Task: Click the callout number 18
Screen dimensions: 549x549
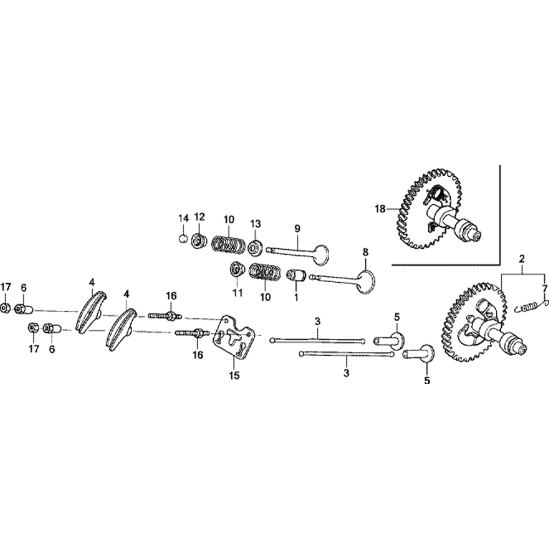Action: [380, 209]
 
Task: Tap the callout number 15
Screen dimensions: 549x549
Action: [234, 376]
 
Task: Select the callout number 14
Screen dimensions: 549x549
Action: [183, 219]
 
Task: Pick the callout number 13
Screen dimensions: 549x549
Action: [255, 223]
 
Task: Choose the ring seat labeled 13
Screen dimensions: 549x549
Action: [255, 248]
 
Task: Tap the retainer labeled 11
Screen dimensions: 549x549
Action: [237, 270]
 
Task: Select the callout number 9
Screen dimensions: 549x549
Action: [297, 228]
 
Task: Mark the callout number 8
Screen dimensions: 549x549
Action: [365, 251]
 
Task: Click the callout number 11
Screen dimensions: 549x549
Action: [238, 293]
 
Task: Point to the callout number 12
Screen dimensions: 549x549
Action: [200, 217]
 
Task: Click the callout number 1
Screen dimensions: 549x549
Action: [296, 297]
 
